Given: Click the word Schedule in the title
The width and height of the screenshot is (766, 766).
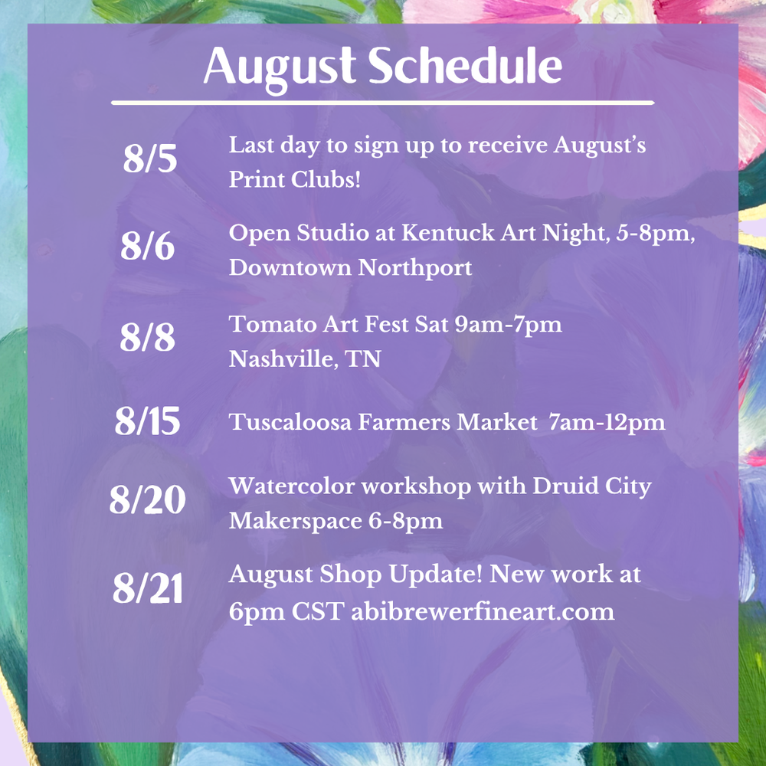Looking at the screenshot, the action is click(x=465, y=65).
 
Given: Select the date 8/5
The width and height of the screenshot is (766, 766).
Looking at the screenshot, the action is click(x=150, y=159).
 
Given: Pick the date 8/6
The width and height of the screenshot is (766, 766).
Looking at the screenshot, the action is click(x=148, y=245).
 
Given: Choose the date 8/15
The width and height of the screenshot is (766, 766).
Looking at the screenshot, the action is click(x=148, y=421).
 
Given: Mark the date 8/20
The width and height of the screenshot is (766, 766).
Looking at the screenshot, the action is click(x=148, y=499).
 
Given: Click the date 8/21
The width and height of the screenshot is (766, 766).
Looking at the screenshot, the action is click(x=148, y=588).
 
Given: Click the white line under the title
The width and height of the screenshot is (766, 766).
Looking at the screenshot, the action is click(x=383, y=103).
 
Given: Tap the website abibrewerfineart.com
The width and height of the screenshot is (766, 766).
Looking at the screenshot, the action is click(x=483, y=611).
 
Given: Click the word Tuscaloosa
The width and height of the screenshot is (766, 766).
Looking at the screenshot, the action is click(x=290, y=422).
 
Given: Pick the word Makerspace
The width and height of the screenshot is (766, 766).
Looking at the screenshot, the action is click(x=296, y=521).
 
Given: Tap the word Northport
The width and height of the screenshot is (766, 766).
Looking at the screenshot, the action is click(x=415, y=268).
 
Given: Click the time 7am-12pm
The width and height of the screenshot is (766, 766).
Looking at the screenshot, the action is click(x=607, y=423).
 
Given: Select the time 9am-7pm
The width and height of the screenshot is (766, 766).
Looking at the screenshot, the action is click(x=508, y=325).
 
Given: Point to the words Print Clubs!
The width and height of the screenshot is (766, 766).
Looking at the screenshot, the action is click(x=295, y=179).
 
